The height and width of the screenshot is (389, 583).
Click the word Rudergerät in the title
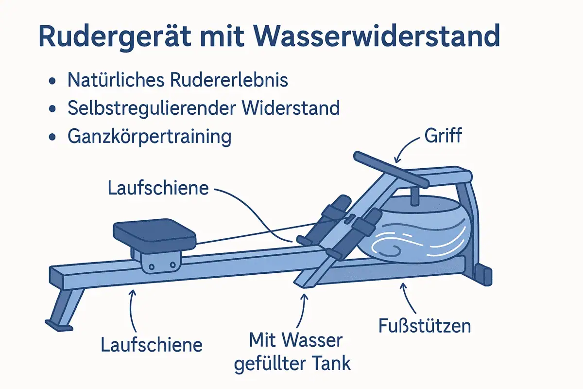click(115, 37)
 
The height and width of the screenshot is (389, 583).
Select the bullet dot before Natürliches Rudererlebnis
click(52, 81)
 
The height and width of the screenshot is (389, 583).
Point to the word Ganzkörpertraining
click(150, 137)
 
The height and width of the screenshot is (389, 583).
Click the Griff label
click(443, 136)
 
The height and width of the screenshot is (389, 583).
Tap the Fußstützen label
click(425, 326)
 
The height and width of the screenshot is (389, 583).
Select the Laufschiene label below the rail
click(152, 345)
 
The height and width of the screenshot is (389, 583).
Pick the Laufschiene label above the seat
click(158, 188)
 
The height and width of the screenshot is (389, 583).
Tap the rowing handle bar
click(391, 169)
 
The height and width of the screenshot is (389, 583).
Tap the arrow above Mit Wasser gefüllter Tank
click(302, 311)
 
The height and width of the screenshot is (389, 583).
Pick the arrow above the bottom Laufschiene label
click(132, 311)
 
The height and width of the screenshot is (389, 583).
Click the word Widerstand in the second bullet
click(291, 107)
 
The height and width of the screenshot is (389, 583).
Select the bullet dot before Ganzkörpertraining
click(52, 137)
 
